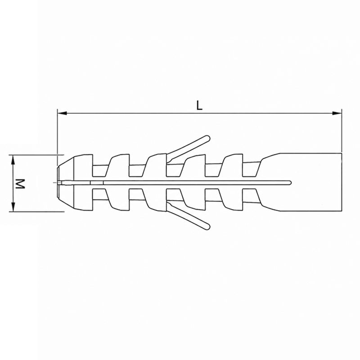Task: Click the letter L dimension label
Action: pyautogui.click(x=199, y=106)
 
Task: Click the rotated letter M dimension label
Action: pyautogui.click(x=20, y=184)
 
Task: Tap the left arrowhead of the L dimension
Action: pyautogui.click(x=62, y=113)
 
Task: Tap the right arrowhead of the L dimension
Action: pyautogui.click(x=337, y=113)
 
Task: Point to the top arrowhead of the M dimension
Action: pyautogui.click(x=13, y=160)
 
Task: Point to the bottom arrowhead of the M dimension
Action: pyautogui.click(x=13, y=207)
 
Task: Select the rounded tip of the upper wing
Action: pyautogui.click(x=207, y=138)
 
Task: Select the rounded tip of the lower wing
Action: pyautogui.click(x=207, y=227)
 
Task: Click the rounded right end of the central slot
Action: pyautogui.click(x=290, y=183)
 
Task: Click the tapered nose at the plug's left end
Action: pyautogui.click(x=66, y=183)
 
